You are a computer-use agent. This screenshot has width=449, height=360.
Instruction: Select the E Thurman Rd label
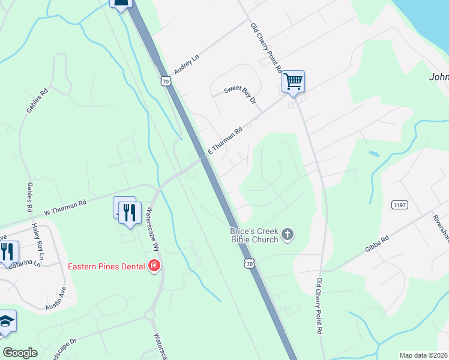(x=225, y=139)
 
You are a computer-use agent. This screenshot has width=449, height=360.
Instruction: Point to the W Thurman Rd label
(x=65, y=208)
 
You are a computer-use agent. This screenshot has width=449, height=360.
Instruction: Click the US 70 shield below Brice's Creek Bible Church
(x=250, y=263)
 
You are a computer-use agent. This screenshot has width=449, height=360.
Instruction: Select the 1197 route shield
(x=399, y=205)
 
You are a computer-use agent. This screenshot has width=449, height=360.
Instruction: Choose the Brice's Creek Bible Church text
(x=255, y=235)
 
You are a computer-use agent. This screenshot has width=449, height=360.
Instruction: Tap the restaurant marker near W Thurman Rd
(x=129, y=213)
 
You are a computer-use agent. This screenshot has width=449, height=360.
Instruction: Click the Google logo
(x=20, y=353)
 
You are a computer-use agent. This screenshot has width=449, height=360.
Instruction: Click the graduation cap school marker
(x=7, y=322)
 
